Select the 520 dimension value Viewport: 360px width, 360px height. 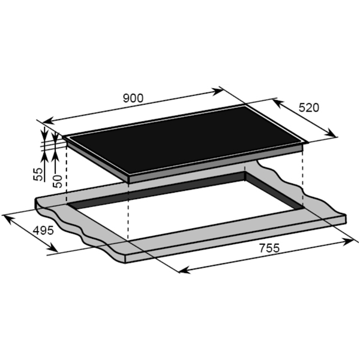point(308,108)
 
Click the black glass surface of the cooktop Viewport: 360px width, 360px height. point(180,141)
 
